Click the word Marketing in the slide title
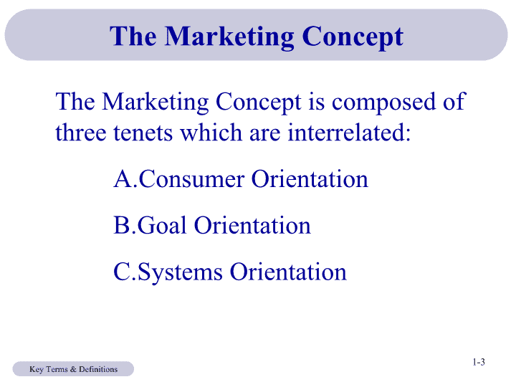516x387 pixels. pyautogui.click(x=229, y=37)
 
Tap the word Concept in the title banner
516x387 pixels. pyautogui.click(x=353, y=37)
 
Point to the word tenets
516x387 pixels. pyautogui.click(x=143, y=133)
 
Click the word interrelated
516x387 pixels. pyautogui.click(x=349, y=132)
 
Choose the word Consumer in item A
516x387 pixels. pyautogui.click(x=191, y=178)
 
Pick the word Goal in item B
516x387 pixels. pyautogui.click(x=162, y=225)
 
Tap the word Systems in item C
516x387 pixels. pyautogui.click(x=181, y=273)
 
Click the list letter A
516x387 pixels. pyautogui.click(x=123, y=178)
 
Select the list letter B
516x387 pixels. pyautogui.click(x=121, y=225)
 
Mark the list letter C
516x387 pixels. pyautogui.click(x=122, y=272)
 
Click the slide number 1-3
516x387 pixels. pyautogui.click(x=479, y=362)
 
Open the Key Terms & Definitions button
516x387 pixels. pyautogui.click(x=73, y=369)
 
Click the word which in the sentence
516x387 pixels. pyautogui.click(x=211, y=132)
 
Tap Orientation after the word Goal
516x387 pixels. pyautogui.click(x=252, y=225)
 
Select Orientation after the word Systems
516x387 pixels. pyautogui.click(x=288, y=272)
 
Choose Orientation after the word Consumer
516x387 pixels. pyautogui.click(x=310, y=178)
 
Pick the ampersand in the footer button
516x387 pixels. pyautogui.click(x=73, y=369)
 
